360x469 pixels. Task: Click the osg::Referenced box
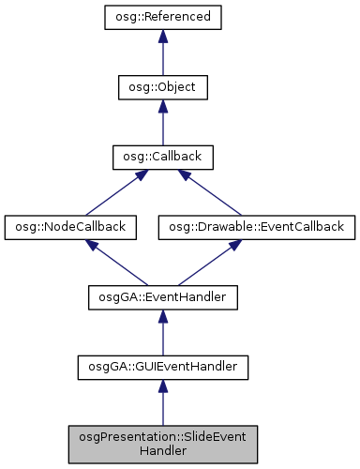coord(162,17)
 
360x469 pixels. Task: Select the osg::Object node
coord(162,87)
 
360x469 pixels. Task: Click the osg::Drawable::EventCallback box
coord(257,226)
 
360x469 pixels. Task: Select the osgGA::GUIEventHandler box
coord(162,367)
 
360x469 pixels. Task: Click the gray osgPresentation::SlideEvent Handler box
coord(162,443)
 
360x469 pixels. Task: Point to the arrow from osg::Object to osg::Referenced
coord(162,54)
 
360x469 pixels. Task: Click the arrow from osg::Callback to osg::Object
coord(162,124)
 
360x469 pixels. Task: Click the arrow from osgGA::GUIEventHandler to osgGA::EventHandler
coord(162,334)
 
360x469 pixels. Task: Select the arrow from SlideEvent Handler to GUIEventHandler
coord(162,403)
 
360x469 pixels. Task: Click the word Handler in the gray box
coord(162,450)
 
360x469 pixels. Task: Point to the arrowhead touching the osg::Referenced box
coord(162,37)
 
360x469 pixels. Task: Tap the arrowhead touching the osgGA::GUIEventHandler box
coord(162,387)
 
